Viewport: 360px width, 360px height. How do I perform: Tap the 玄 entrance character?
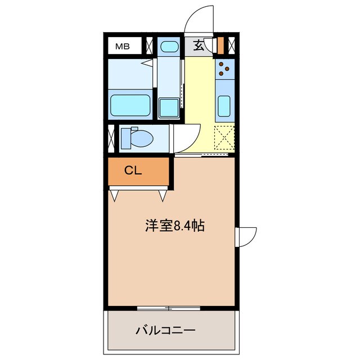(199, 46)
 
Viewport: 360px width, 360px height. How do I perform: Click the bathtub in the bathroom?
(130, 105)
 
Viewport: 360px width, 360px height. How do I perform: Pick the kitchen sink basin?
(224, 105)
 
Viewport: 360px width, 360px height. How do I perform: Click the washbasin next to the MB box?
(168, 46)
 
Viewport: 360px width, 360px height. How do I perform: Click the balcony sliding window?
(169, 307)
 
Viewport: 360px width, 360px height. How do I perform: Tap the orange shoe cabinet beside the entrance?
(221, 44)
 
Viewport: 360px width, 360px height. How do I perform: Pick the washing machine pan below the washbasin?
(168, 106)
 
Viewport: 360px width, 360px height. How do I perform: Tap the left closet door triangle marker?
(115, 195)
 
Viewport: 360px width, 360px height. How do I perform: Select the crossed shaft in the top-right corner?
(231, 44)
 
